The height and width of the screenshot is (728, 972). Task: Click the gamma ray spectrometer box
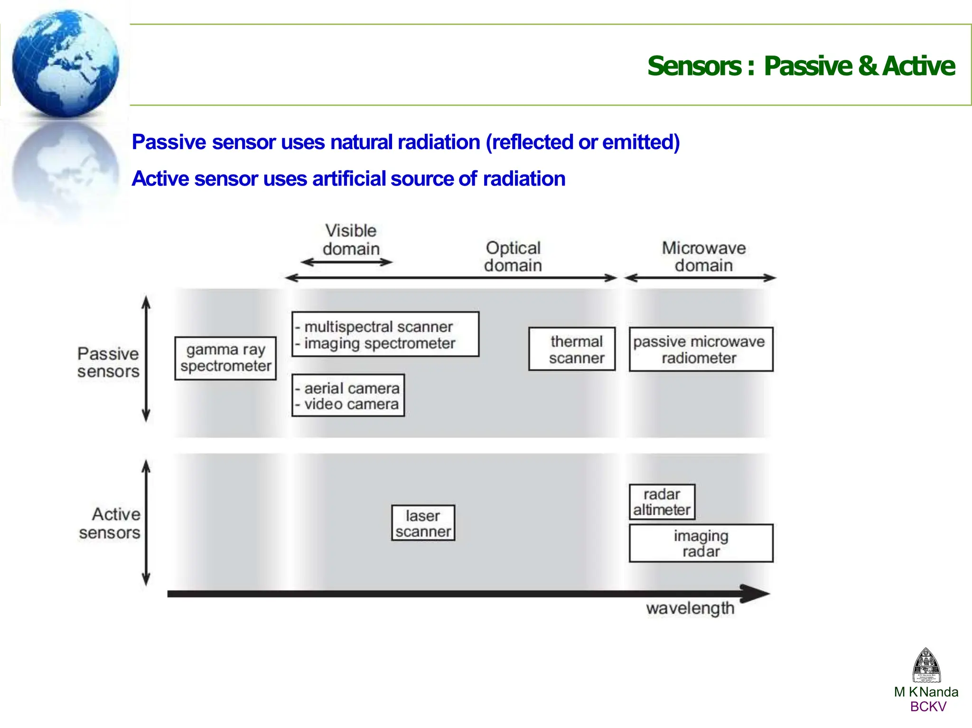coord(225,358)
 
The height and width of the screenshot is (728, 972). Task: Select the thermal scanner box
coord(572,349)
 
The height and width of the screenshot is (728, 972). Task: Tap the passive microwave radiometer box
coord(701,349)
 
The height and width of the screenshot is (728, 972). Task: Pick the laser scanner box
coord(423,523)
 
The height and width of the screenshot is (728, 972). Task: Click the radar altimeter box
coord(662,502)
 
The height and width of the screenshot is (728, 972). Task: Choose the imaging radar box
coord(701,543)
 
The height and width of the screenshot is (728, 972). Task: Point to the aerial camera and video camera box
coord(348,396)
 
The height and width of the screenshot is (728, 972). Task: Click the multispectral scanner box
coord(385,334)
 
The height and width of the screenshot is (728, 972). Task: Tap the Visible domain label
coord(351,240)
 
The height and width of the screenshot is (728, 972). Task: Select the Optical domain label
coord(513,256)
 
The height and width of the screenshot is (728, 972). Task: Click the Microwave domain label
coord(704,256)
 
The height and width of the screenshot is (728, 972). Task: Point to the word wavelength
coord(690,608)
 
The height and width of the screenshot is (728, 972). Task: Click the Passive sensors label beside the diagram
coord(108,362)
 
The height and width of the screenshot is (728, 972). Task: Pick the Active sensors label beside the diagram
coord(110,523)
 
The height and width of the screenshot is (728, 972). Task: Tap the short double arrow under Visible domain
coord(347,262)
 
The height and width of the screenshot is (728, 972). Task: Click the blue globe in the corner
coord(65,63)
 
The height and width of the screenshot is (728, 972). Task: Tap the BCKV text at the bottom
coord(928,707)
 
